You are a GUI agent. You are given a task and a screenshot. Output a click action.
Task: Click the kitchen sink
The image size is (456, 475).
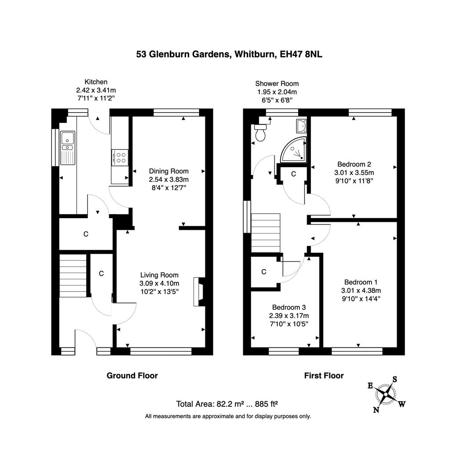(x=68, y=147)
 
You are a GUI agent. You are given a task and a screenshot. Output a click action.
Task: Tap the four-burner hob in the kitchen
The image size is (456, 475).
(x=120, y=157)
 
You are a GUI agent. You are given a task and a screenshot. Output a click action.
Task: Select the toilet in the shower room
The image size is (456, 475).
(x=260, y=133)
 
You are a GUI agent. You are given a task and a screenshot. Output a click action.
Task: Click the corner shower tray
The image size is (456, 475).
(x=294, y=150)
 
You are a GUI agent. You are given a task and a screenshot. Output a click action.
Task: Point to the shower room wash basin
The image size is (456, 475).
(x=301, y=126)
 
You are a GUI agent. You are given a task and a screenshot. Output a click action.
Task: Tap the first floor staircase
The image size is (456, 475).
(x=265, y=233)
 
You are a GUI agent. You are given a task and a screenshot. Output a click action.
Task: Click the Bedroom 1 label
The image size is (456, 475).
(x=361, y=282)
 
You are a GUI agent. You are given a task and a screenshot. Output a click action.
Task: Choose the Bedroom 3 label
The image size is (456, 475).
(x=288, y=307)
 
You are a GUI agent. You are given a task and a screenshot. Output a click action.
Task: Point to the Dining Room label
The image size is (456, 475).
(x=168, y=171)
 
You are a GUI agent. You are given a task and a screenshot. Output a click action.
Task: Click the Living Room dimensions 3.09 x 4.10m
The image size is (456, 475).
(x=159, y=283)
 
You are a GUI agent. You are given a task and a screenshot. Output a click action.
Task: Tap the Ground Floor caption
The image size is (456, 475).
(x=132, y=375)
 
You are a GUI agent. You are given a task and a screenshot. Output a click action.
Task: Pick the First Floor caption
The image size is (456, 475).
(x=324, y=375)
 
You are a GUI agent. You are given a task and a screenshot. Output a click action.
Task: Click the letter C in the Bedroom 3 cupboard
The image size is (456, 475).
(x=264, y=272)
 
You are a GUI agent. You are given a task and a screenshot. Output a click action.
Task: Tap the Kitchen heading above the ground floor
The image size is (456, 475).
(x=96, y=82)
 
